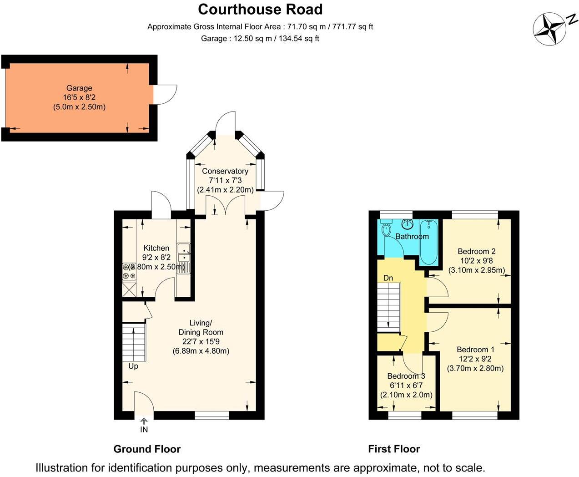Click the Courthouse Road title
point(260,9)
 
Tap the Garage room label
point(79,88)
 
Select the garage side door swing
point(165,95)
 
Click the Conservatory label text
point(225,171)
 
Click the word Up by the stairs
point(133,366)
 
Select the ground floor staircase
point(134,342)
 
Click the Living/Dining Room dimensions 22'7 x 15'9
point(201,341)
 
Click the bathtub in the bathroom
point(428,242)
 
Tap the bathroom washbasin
point(407,224)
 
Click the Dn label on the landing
point(388,278)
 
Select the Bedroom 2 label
point(476,251)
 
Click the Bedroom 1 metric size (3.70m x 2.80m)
point(475,368)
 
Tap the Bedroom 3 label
point(406,376)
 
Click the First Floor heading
point(394,449)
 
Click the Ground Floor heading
point(147,449)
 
